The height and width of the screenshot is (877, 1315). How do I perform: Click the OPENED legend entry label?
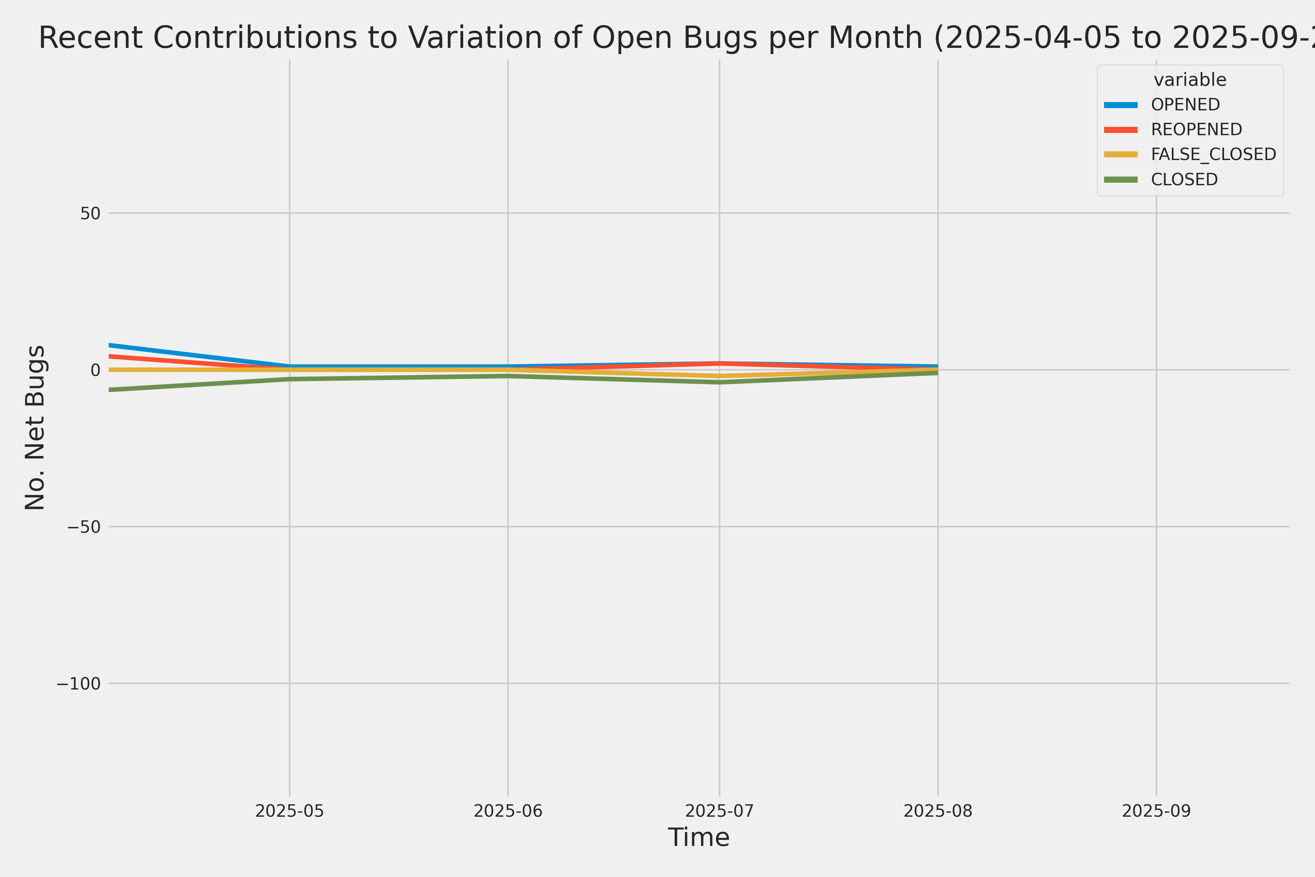pos(1185,105)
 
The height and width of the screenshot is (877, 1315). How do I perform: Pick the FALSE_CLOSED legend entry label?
pos(1213,154)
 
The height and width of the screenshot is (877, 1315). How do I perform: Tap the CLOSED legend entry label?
pos(1184,179)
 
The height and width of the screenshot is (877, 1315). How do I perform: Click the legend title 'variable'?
pos(1190,80)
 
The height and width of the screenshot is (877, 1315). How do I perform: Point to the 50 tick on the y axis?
pos(90,213)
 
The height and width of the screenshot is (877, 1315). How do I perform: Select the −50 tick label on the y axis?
pos(84,527)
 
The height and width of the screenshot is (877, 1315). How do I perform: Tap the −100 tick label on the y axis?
pos(78,683)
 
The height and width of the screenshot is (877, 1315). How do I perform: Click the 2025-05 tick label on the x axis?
pos(290,811)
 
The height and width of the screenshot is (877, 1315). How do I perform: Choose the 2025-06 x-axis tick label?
pos(508,811)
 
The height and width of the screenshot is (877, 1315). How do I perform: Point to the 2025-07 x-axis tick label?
pos(720,811)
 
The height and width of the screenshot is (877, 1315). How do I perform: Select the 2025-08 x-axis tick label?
pos(938,811)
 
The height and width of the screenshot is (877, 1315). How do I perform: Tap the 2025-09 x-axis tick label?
pos(1156,811)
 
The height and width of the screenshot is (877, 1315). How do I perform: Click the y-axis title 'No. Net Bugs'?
pos(35,427)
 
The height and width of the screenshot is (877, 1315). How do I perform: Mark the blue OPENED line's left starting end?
pos(110,345)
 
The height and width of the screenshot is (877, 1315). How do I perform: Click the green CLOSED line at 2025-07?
pos(720,383)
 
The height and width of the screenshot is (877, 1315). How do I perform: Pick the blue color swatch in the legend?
pos(1121,105)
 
